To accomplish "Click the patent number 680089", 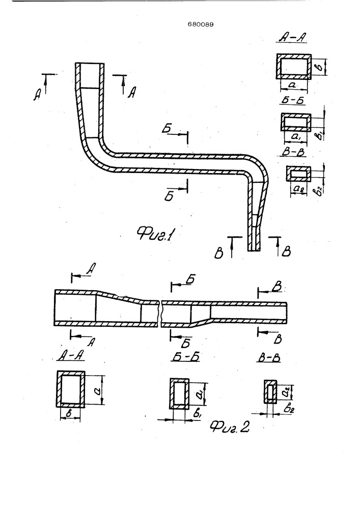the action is point(201,24).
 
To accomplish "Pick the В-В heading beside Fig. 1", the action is point(294,151).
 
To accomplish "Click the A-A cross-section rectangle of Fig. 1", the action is point(294,67).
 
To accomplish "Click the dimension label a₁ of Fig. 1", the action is point(297,137).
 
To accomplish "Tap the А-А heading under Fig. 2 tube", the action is point(71,356).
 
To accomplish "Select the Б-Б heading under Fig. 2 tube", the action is point(185,357).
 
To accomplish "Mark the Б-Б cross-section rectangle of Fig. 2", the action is point(179,393).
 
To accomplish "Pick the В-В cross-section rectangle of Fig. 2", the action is point(270,391).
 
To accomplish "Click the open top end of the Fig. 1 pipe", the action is point(90,63).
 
